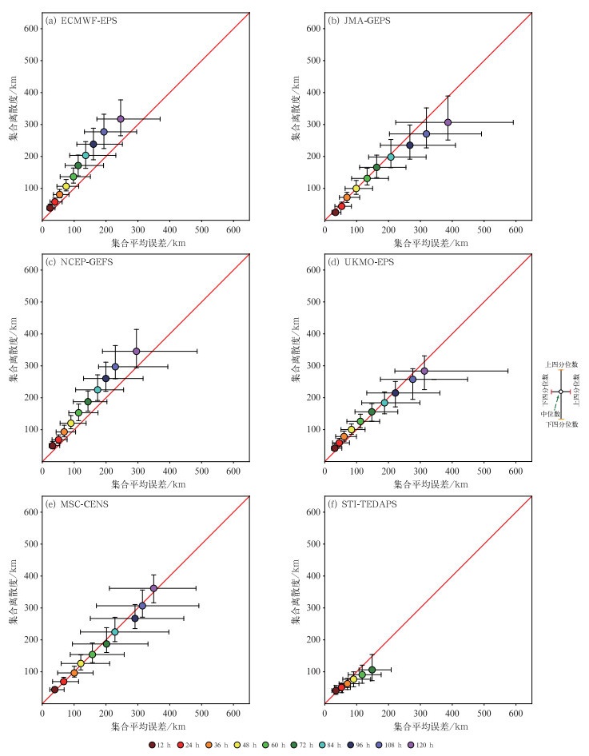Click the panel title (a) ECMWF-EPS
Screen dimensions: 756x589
tap(82, 21)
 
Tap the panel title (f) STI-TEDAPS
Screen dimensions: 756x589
tap(364, 504)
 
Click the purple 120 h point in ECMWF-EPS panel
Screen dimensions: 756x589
tap(121, 119)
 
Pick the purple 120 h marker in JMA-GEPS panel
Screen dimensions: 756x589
tap(448, 122)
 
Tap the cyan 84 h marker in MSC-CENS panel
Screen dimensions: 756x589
tap(115, 632)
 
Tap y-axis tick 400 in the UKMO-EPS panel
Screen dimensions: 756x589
tap(314, 333)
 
